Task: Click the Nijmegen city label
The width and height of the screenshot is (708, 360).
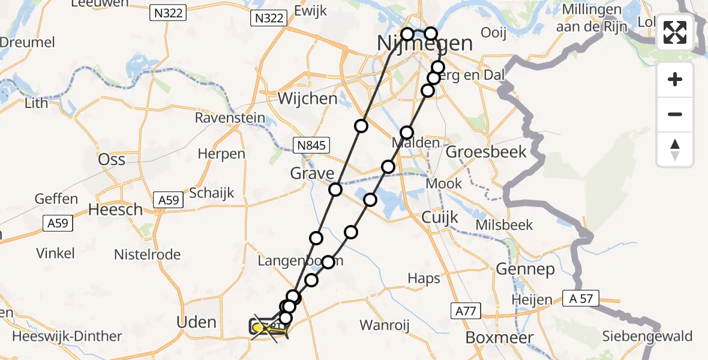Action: pyautogui.click(x=425, y=44)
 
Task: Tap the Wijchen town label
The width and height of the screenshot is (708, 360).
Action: pyautogui.click(x=308, y=98)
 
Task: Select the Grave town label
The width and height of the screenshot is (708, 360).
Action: pyautogui.click(x=312, y=174)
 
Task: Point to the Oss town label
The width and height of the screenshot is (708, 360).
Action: pyautogui.click(x=112, y=159)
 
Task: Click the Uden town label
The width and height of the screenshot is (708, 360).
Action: pyautogui.click(x=197, y=322)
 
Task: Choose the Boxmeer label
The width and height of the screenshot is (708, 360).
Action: pyautogui.click(x=499, y=338)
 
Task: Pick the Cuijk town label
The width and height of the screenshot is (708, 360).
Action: pyautogui.click(x=440, y=217)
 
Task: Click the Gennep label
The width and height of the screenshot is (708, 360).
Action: pyautogui.click(x=526, y=269)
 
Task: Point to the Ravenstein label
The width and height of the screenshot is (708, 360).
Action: pyautogui.click(x=230, y=118)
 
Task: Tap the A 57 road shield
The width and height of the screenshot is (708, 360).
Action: pyautogui.click(x=581, y=298)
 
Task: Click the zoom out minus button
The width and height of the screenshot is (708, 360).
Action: pyautogui.click(x=675, y=114)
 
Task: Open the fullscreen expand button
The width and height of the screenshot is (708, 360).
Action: pyautogui.click(x=675, y=33)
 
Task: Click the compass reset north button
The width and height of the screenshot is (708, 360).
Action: pyautogui.click(x=675, y=149)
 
